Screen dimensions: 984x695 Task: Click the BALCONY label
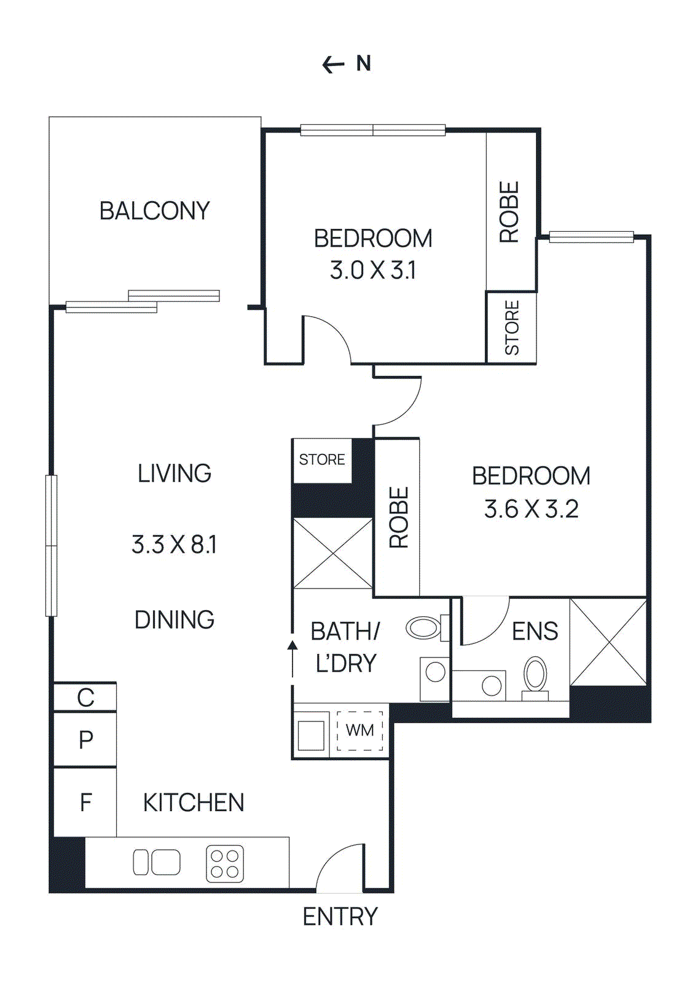pos(154,211)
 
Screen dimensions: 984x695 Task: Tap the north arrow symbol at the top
pos(334,64)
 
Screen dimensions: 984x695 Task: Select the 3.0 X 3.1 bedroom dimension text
pos(373,270)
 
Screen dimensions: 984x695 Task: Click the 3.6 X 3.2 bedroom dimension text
pos(531,509)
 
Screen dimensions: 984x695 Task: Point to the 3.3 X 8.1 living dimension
pos(174,544)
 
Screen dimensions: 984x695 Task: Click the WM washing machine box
pos(359,731)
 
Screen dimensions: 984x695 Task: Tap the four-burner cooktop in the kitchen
pos(224,863)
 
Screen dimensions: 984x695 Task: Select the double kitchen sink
pos(157,862)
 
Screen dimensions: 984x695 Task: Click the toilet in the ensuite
pos(535,676)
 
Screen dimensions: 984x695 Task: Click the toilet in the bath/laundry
pos(425,628)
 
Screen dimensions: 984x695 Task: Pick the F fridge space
pos(85,802)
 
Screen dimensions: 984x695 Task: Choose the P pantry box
pos(85,739)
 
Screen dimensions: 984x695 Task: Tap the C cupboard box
pos(85,698)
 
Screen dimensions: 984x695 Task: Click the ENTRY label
pos(340,916)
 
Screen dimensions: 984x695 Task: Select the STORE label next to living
pos(321,459)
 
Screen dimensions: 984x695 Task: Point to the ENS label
pos(535,632)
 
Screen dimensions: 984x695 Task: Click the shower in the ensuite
pos(608,642)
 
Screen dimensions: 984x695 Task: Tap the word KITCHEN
pos(194,803)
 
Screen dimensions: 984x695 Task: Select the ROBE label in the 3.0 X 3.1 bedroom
pos(509,212)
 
